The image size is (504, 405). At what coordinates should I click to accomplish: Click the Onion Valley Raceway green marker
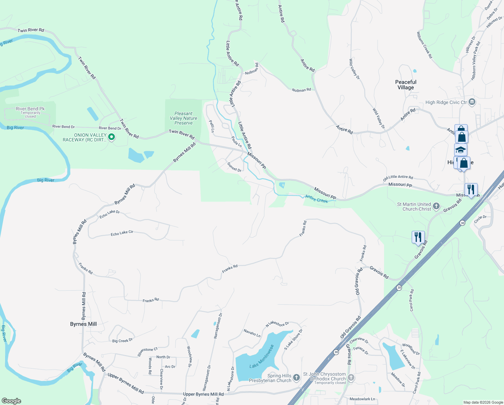(112, 137)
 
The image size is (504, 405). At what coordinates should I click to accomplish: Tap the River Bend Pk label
(30, 109)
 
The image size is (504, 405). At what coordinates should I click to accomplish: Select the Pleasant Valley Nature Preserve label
(184, 118)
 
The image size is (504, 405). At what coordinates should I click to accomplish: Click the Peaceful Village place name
(406, 85)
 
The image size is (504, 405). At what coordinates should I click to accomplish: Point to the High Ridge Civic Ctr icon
(472, 102)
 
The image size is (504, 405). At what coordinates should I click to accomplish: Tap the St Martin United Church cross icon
(436, 206)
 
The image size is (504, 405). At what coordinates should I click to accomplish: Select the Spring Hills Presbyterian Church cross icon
(296, 377)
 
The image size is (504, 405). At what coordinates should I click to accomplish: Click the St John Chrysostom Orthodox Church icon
(351, 378)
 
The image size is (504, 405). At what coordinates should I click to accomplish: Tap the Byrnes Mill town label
(83, 324)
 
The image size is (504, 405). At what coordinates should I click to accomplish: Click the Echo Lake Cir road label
(122, 233)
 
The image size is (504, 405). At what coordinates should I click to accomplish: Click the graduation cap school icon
(461, 150)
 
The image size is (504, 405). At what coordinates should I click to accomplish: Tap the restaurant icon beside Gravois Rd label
(418, 237)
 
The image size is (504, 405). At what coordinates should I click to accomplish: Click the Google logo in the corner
(11, 401)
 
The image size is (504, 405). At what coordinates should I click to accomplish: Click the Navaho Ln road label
(252, 333)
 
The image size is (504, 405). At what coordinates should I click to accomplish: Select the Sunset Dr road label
(234, 167)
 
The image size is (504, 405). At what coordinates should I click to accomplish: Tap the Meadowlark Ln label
(362, 399)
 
